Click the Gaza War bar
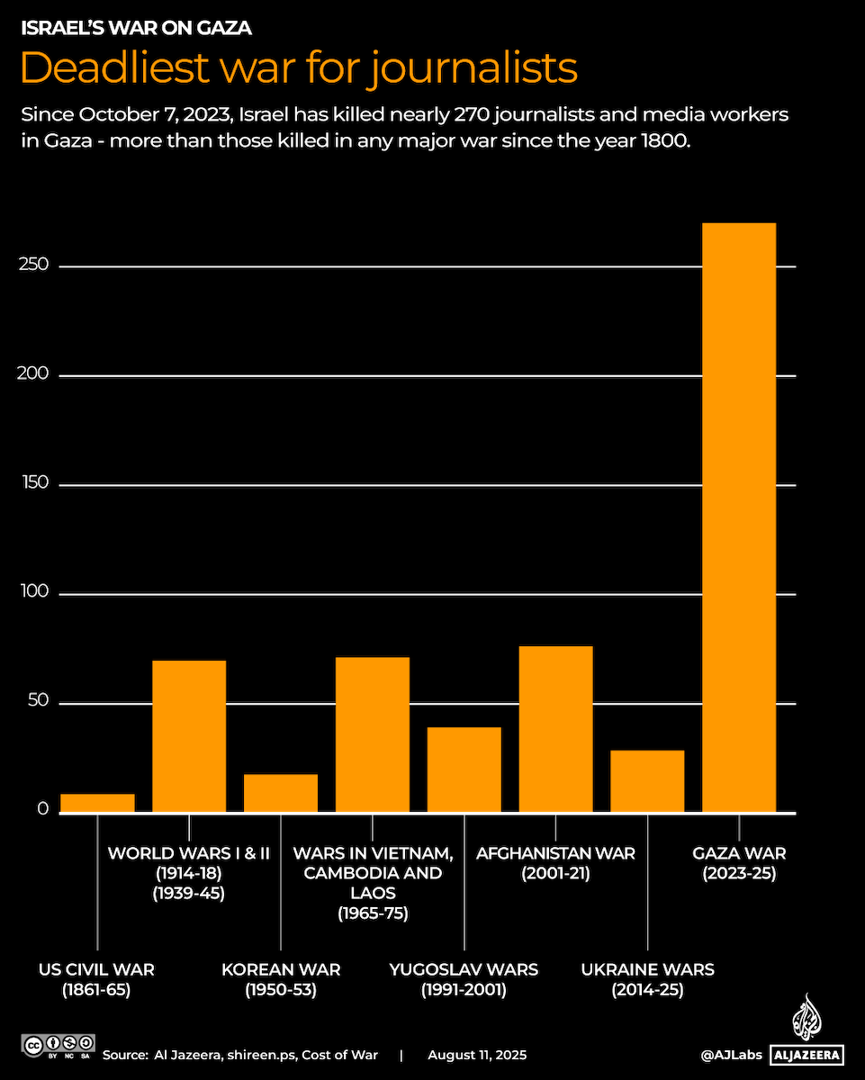738,517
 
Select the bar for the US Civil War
97,803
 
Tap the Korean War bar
281,793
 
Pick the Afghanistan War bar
555,729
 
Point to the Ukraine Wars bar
647,781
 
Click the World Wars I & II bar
189,736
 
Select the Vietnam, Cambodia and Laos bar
373,734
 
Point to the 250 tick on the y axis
32,266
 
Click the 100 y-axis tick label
32,594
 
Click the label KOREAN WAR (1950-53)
281,979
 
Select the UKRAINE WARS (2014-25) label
647,979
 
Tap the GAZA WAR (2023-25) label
738,862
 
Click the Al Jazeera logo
806,1035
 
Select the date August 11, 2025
477,1055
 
